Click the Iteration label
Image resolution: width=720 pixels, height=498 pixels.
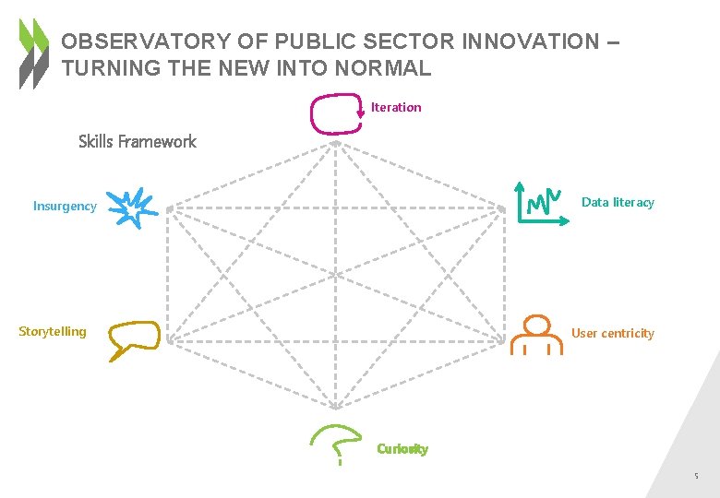(396, 108)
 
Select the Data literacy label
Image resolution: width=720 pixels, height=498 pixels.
(618, 202)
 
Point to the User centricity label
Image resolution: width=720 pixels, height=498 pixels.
(613, 333)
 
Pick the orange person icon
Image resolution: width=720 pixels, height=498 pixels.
(537, 335)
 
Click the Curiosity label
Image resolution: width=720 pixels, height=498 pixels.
(402, 449)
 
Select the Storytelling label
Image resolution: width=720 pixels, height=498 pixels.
(53, 331)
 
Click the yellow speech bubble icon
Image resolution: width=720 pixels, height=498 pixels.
(133, 338)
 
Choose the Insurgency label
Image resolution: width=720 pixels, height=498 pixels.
(65, 206)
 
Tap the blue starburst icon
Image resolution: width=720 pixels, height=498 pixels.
(131, 207)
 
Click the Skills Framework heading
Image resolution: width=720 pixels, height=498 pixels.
(138, 141)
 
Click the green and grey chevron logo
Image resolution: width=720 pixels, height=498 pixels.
(34, 53)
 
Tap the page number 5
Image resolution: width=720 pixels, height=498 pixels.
(697, 477)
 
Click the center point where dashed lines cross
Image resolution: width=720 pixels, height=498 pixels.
(336, 273)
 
